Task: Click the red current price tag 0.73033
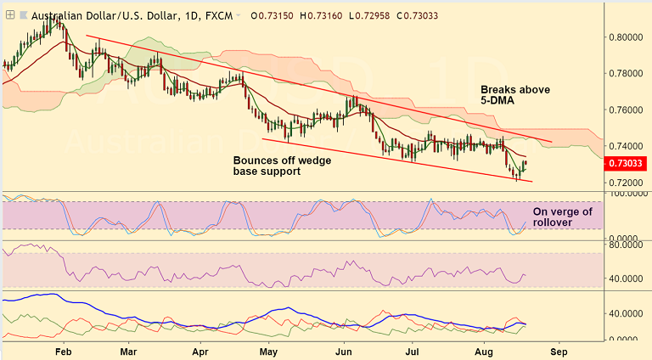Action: coord(630,163)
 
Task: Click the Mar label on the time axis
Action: coord(129,350)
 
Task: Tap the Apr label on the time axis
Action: coord(200,350)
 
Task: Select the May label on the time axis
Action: coord(268,350)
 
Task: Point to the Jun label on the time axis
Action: coord(343,350)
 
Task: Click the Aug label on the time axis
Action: coord(483,350)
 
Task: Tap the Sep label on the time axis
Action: coord(557,350)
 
